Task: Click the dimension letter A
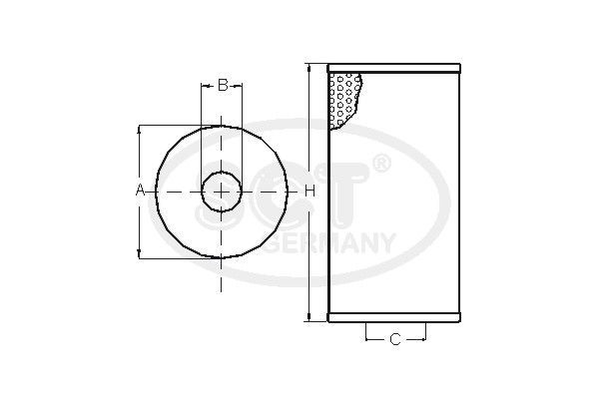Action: pyautogui.click(x=141, y=190)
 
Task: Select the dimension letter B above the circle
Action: pyautogui.click(x=223, y=85)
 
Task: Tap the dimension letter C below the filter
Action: pyautogui.click(x=394, y=340)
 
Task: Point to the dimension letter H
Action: pyautogui.click(x=309, y=190)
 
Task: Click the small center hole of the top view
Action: pyautogui.click(x=222, y=190)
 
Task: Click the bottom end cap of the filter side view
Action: pyautogui.click(x=395, y=319)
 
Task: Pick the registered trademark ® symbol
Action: pyautogui.click(x=381, y=163)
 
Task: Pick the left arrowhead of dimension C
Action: pyautogui.click(x=368, y=340)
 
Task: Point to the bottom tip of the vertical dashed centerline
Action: pyautogui.click(x=222, y=291)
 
